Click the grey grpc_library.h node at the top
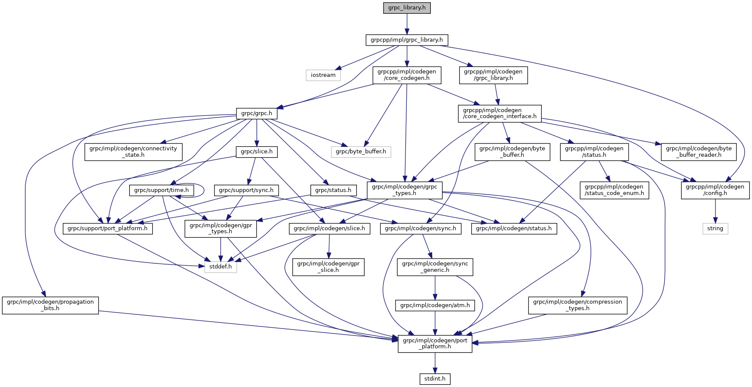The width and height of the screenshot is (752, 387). pyautogui.click(x=407, y=8)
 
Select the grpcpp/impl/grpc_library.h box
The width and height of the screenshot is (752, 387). pyautogui.click(x=407, y=40)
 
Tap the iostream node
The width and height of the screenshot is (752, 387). pyautogui.click(x=323, y=75)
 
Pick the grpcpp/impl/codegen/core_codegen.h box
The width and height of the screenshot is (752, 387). pyautogui.click(x=406, y=75)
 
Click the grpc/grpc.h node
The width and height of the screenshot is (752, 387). pyautogui.click(x=257, y=114)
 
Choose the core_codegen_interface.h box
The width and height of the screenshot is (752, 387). pyautogui.click(x=500, y=113)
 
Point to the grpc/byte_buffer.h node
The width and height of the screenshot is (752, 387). pyautogui.click(x=361, y=152)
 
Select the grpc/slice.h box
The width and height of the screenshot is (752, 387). pyautogui.click(x=257, y=152)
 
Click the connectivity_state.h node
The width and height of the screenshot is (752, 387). pyautogui.click(x=133, y=152)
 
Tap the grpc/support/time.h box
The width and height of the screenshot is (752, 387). pyautogui.click(x=161, y=190)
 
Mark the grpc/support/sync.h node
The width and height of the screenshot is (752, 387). pyautogui.click(x=246, y=190)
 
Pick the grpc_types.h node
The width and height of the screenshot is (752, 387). pyautogui.click(x=404, y=190)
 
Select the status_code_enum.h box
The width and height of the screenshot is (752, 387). pyautogui.click(x=614, y=190)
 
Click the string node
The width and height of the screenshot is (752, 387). pyautogui.click(x=715, y=229)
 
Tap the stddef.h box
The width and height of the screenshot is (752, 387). pyautogui.click(x=221, y=267)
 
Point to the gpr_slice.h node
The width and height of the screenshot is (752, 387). pyautogui.click(x=328, y=267)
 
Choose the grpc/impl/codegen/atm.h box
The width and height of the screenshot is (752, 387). pyautogui.click(x=435, y=305)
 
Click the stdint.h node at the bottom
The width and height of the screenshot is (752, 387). pyautogui.click(x=435, y=379)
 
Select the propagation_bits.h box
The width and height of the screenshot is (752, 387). pyautogui.click(x=50, y=305)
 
